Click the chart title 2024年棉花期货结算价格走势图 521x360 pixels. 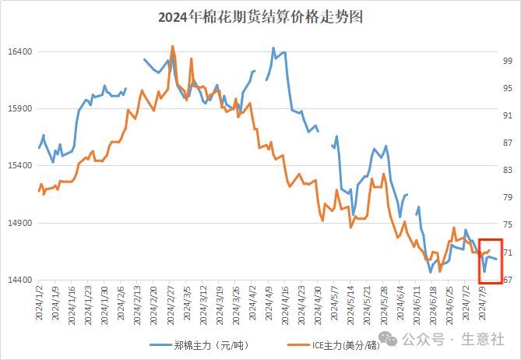[x=260, y=16]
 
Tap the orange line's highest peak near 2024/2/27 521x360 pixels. [x=172, y=46]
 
